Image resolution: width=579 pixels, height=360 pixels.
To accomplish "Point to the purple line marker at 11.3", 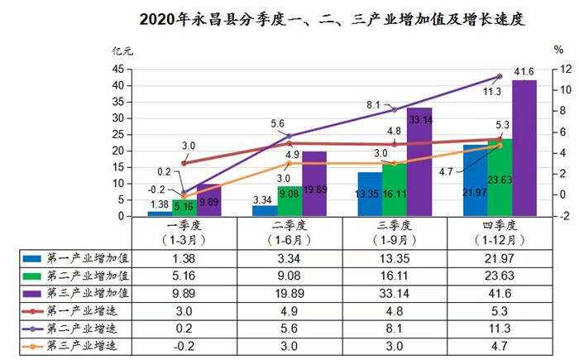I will [x=499, y=76].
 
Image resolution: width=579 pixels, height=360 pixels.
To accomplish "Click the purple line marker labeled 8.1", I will [x=395, y=109].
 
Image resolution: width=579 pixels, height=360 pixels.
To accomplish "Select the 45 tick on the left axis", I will [x=118, y=69].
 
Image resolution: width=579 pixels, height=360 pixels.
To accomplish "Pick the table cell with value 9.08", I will [x=290, y=276].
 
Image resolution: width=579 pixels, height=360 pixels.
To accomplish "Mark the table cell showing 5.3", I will [x=499, y=311].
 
